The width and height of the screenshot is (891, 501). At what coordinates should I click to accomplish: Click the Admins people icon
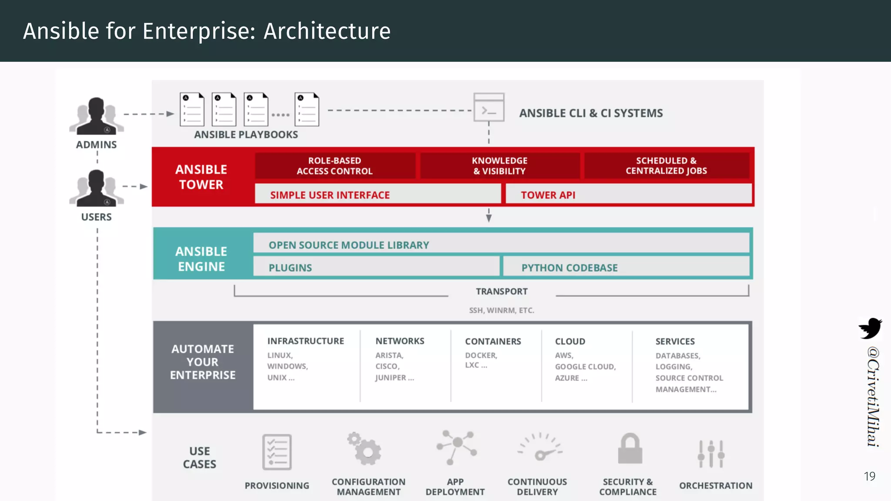(x=96, y=116)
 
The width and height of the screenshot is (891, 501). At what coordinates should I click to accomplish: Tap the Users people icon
(x=96, y=188)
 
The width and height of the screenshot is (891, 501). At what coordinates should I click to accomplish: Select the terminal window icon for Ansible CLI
(x=489, y=107)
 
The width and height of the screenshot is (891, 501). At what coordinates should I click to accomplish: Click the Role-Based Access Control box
(x=335, y=166)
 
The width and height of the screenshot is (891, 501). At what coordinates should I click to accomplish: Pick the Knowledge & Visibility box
(x=499, y=166)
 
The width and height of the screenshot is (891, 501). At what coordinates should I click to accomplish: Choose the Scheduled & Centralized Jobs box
(x=666, y=166)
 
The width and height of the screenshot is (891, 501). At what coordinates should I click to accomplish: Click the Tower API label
(x=548, y=195)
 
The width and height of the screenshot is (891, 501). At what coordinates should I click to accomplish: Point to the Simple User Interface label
(x=330, y=195)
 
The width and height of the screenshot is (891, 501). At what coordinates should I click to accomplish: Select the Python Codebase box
(x=569, y=267)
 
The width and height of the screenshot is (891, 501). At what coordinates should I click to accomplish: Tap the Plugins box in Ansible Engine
(x=290, y=267)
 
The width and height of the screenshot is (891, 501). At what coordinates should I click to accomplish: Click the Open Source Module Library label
(x=348, y=245)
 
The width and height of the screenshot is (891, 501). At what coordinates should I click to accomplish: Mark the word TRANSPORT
(x=501, y=291)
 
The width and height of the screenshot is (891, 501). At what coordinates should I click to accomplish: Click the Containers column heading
(x=492, y=341)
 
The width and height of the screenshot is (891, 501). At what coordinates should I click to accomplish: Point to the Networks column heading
(x=399, y=341)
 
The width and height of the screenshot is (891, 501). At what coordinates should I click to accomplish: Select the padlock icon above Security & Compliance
(x=630, y=449)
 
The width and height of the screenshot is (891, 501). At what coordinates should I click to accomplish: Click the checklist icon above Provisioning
(x=277, y=452)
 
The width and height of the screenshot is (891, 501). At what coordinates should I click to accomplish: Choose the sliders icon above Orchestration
(x=711, y=454)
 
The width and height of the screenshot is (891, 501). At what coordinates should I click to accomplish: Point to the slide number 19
(x=869, y=476)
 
